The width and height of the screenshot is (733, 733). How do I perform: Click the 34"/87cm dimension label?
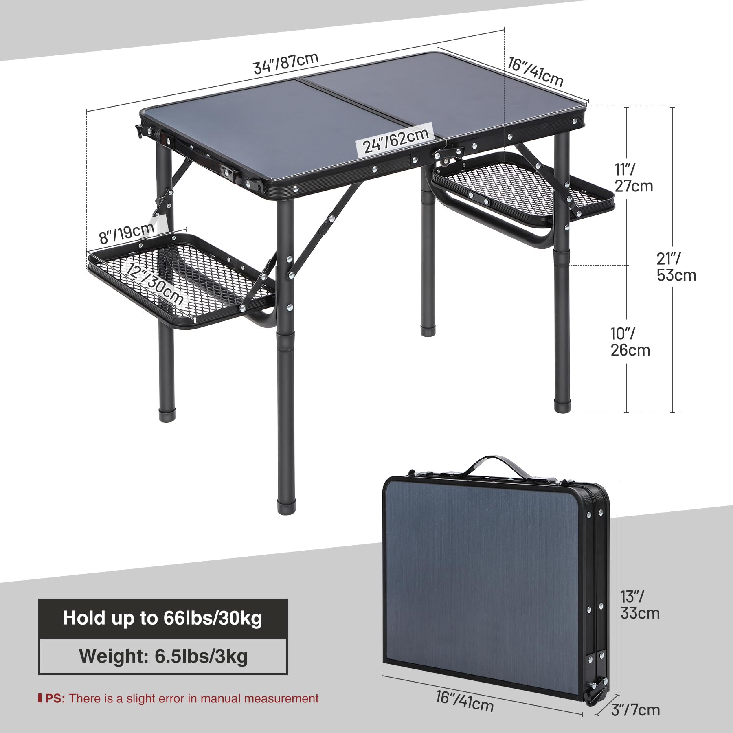point(285,64)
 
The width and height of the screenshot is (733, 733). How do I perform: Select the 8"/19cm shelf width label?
point(127,234)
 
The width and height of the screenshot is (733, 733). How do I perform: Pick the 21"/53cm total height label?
point(676,267)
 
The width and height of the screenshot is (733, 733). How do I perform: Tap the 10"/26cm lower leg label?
point(630,342)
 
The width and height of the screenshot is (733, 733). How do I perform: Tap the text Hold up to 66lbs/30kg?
point(162,618)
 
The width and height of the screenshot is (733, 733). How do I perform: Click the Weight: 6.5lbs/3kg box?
point(163,656)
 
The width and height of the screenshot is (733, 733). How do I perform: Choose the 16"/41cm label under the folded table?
point(465,702)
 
